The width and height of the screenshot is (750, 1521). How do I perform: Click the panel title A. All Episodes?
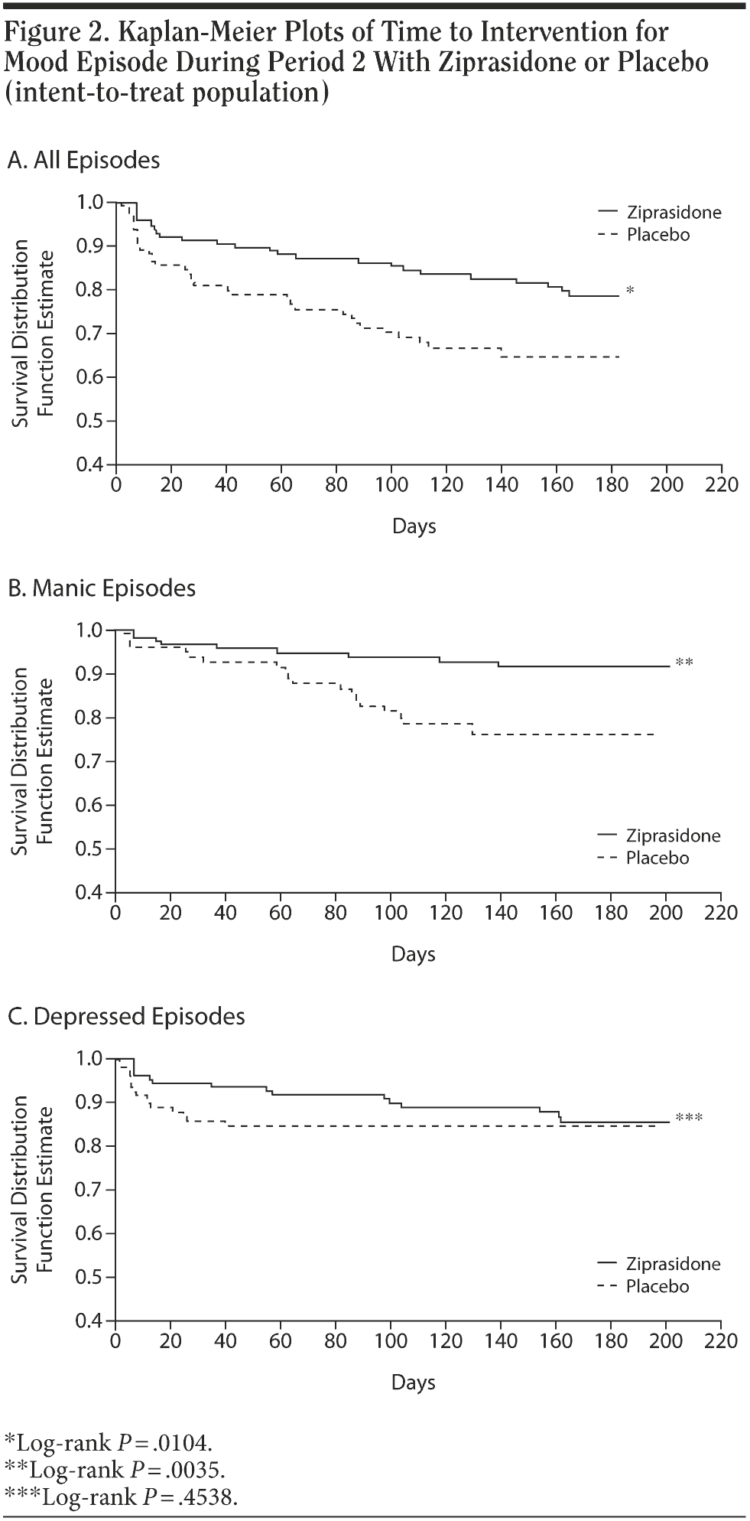[83, 160]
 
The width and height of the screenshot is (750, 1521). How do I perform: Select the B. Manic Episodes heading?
[101, 588]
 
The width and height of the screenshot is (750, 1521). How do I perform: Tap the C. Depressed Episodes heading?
[126, 1016]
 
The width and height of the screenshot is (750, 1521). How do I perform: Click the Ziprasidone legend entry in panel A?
[674, 213]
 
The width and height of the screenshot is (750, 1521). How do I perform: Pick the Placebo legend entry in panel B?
[657, 858]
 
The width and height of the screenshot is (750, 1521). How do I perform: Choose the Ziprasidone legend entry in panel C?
[673, 1264]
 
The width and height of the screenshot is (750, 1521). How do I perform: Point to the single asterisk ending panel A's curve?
[629, 290]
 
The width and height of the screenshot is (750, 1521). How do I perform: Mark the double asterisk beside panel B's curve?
[684, 663]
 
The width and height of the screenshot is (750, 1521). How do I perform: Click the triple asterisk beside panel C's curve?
[689, 1119]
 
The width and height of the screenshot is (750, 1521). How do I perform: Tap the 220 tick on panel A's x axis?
[722, 485]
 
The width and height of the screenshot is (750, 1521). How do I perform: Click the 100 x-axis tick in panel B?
[391, 913]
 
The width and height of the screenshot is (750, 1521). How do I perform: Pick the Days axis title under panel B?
[414, 954]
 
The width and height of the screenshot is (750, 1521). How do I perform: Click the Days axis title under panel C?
[414, 1382]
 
